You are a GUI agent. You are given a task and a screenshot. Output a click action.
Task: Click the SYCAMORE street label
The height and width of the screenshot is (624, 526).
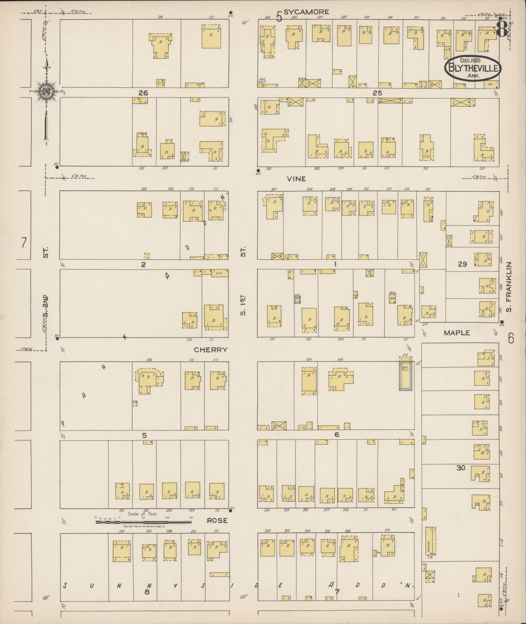(x=306, y=12)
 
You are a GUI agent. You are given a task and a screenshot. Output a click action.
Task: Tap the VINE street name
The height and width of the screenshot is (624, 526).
(x=296, y=179)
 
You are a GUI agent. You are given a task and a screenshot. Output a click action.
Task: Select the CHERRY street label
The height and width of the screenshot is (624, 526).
(x=210, y=350)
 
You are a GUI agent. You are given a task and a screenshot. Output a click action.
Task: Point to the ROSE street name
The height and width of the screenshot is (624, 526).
(x=217, y=521)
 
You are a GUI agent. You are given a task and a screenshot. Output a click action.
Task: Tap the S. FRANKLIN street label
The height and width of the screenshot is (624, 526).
(x=509, y=287)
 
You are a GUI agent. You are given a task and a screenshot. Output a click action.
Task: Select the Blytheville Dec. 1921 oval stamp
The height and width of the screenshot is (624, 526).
(x=472, y=68)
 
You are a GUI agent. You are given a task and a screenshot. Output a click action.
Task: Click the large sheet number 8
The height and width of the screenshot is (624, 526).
(x=502, y=28)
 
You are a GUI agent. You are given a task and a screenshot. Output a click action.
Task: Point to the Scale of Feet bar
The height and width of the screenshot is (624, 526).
(x=143, y=522)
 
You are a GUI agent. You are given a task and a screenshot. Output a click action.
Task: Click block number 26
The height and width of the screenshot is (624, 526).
(x=143, y=93)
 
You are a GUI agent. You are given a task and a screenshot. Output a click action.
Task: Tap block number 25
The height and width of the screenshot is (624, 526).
(x=377, y=93)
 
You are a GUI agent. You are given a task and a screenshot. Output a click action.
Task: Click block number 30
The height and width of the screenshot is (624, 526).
(x=461, y=468)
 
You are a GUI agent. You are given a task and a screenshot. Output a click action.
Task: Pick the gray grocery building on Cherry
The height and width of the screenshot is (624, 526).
(x=406, y=376)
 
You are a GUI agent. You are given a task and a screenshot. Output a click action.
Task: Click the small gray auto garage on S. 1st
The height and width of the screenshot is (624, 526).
(x=297, y=299)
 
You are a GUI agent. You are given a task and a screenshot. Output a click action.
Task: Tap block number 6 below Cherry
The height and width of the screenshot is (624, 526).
(x=337, y=435)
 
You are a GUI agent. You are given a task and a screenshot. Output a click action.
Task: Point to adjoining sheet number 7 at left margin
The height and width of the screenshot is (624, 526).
(x=24, y=242)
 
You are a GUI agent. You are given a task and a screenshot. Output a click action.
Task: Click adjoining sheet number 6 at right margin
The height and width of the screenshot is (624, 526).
(x=511, y=339)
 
